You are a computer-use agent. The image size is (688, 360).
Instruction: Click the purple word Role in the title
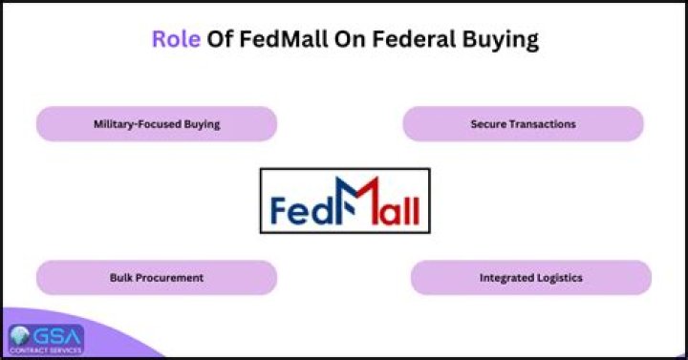[x=176, y=39]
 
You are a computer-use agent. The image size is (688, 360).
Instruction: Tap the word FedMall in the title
[x=284, y=39]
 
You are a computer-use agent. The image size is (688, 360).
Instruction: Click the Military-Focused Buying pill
[x=157, y=123]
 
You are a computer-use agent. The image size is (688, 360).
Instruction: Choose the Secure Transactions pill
[x=523, y=123]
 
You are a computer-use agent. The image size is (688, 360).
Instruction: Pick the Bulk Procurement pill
[x=157, y=278]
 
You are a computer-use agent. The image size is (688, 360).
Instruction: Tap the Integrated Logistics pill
[x=531, y=278]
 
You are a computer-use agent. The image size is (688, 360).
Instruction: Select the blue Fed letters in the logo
[x=303, y=210]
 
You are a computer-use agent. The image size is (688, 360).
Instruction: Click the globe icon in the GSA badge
[x=19, y=336]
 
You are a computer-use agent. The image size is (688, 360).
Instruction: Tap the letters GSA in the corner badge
[x=57, y=337]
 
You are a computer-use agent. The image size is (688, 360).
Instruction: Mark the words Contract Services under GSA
[x=46, y=350]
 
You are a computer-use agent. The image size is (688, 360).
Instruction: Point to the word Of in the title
[x=220, y=39]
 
